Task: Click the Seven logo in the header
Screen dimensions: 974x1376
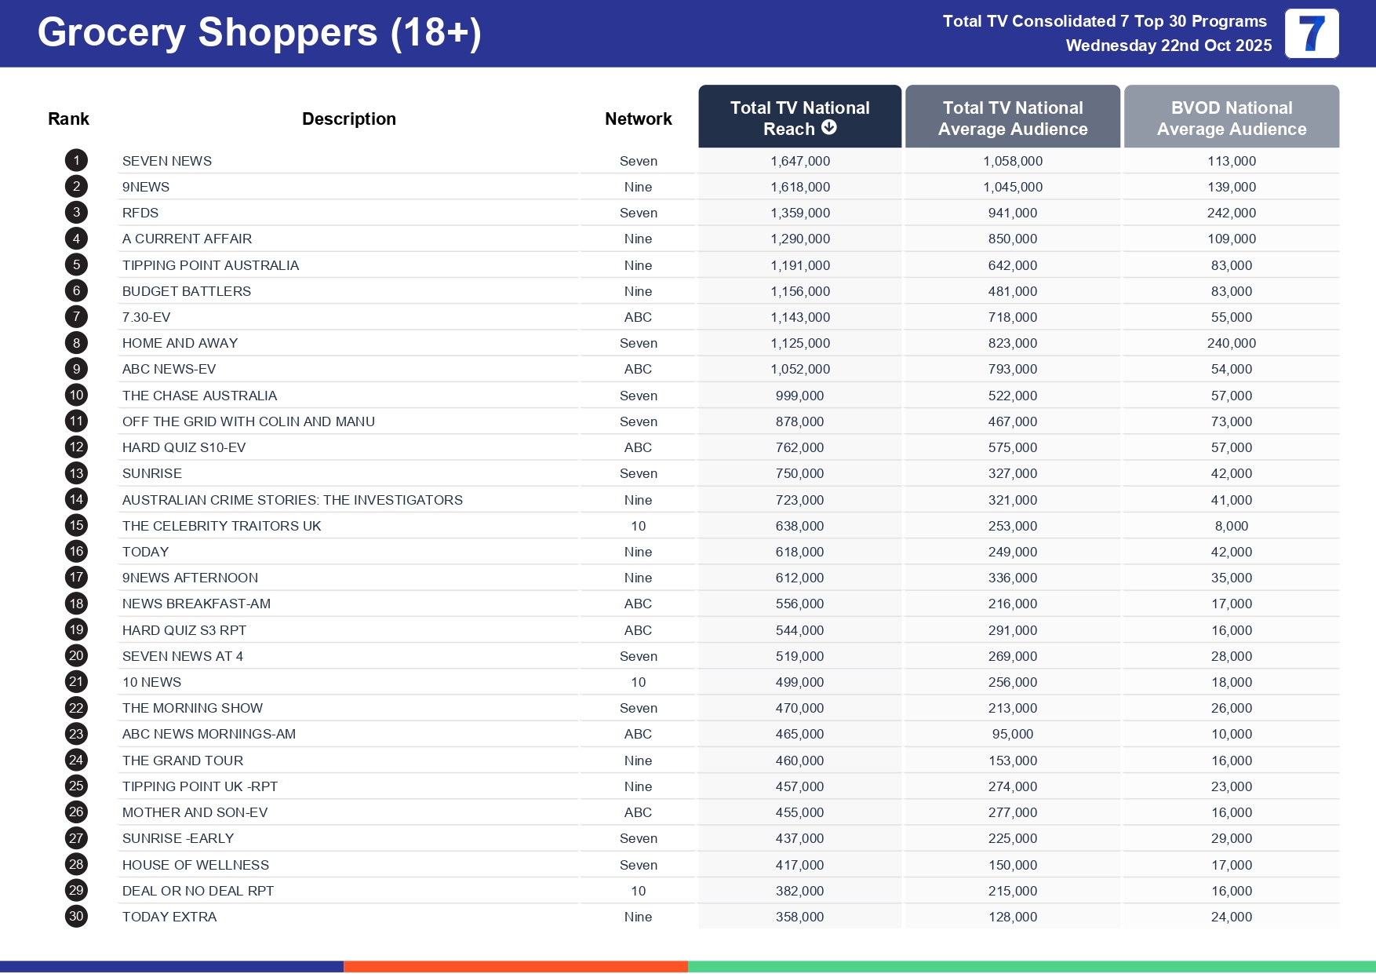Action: coord(1312,34)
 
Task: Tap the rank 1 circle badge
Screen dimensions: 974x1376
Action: coord(76,161)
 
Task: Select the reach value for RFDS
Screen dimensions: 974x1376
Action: coord(799,213)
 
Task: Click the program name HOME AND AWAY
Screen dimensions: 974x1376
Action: coord(180,343)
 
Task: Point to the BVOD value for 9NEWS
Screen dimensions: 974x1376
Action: coord(1231,187)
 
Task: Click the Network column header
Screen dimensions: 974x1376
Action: coord(638,119)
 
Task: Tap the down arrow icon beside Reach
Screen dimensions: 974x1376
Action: coord(828,128)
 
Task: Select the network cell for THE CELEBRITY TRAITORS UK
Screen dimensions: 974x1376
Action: coord(638,526)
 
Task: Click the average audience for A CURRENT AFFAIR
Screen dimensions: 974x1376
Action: coord(1012,239)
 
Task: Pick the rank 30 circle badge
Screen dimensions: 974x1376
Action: coord(76,917)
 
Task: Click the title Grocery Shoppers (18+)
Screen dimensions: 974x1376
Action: coord(259,33)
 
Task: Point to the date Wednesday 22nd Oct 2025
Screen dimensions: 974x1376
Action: coord(1168,46)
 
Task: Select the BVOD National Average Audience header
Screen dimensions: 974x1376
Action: coord(1231,118)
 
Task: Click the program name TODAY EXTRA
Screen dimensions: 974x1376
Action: coord(169,917)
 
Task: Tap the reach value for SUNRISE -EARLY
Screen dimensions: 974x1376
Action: coord(799,838)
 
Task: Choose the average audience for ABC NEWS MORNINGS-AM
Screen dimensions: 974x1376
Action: coord(1012,734)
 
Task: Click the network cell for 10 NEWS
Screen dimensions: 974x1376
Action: coord(638,682)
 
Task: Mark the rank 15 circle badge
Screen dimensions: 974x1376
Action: coord(76,526)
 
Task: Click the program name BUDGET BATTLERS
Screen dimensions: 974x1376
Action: coord(187,291)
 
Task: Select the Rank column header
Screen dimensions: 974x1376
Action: coord(68,119)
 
